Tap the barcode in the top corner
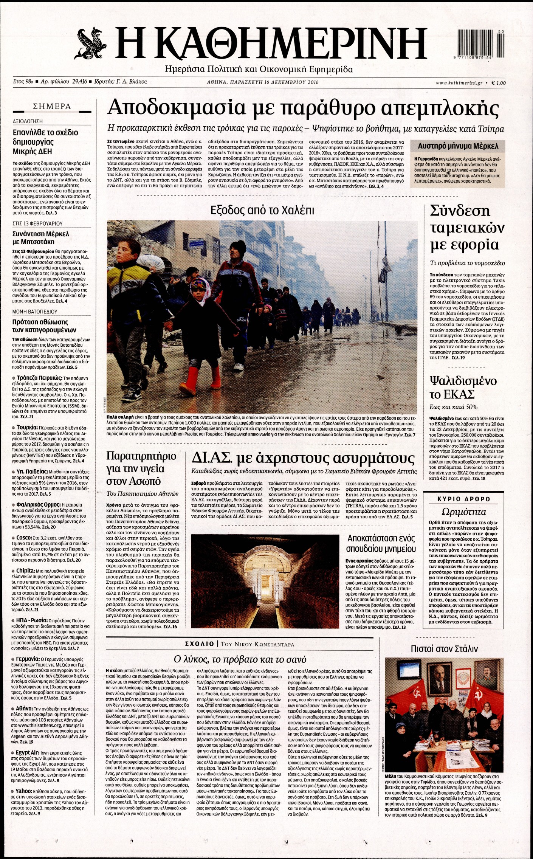pos(480,43)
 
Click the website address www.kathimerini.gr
pos(459,83)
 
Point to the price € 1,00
pos(499,83)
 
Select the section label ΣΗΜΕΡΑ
pos(52,107)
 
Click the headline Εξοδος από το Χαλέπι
pos(262,210)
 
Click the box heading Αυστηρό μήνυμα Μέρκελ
pos(458,146)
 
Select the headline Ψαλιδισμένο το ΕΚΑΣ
pos(463,387)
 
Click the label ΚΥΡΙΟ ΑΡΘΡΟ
pos(463,499)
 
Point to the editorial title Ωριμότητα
pos(463,512)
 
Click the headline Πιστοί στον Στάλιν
pos(444,649)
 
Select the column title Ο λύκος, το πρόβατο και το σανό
pos(240,659)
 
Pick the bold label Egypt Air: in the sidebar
pos(28,753)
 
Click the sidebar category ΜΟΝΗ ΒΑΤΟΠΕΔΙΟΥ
pos(35,312)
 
